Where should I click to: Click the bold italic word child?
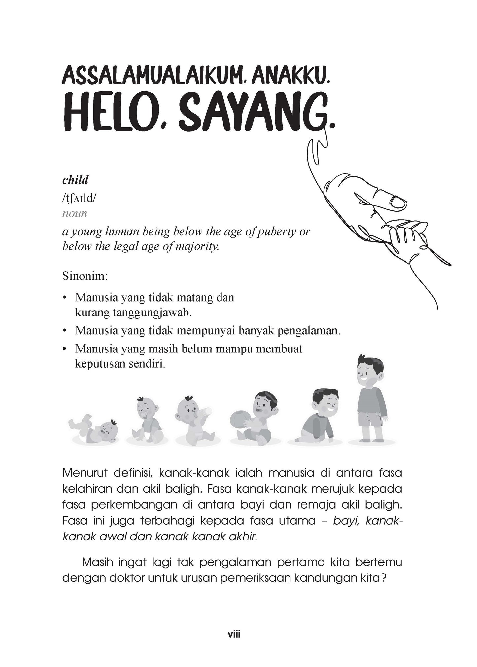75,180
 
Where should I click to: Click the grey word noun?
75,213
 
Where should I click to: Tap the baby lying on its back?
94,428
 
